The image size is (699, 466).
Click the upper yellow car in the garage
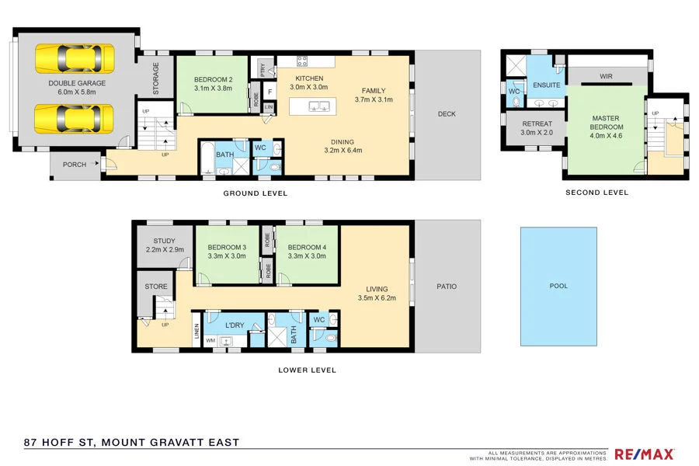(x=75, y=58)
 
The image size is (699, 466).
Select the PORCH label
(x=75, y=164)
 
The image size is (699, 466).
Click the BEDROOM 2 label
(x=213, y=80)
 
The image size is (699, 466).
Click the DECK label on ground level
(x=447, y=114)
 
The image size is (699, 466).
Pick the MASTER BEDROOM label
(x=606, y=123)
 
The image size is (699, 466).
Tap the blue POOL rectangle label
(x=558, y=286)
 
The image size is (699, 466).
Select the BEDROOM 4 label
(x=307, y=248)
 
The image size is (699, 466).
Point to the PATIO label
(x=447, y=287)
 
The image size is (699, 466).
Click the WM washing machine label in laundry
(x=210, y=340)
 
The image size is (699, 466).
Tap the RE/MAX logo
(x=644, y=454)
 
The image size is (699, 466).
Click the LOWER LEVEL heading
(x=307, y=370)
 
